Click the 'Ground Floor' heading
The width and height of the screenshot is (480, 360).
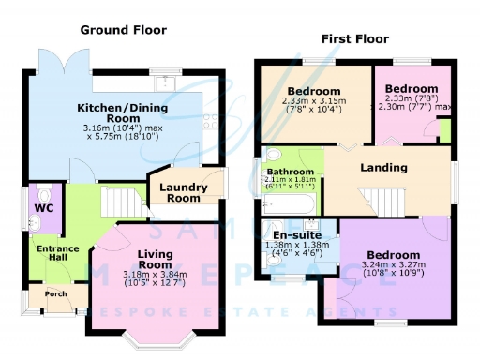123,30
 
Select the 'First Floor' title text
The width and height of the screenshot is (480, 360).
355,39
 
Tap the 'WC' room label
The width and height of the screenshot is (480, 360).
43,207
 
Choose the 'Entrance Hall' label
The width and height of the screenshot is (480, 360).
57,253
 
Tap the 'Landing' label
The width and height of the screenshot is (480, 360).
384,168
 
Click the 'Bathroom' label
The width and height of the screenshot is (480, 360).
290,172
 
